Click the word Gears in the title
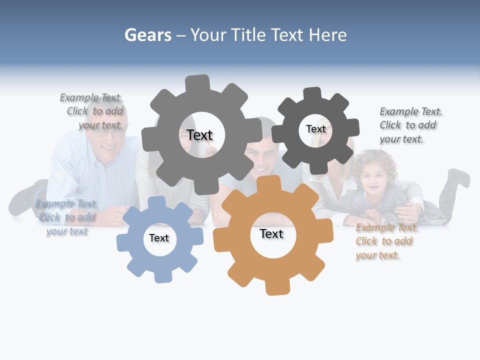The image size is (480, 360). (147, 35)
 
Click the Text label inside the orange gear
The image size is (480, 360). (271, 234)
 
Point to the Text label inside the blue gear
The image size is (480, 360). (159, 238)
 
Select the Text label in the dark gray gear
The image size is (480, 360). (315, 129)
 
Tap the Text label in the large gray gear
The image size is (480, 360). (200, 135)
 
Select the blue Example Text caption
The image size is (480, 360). (66, 217)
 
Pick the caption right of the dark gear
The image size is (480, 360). (410, 125)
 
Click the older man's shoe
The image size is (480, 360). (25, 197)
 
